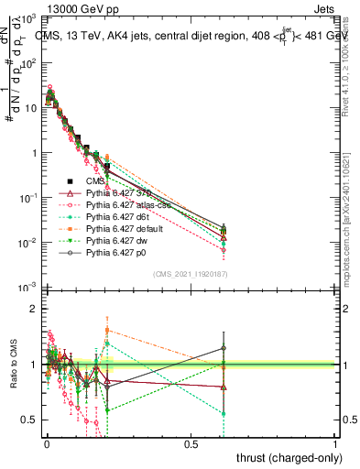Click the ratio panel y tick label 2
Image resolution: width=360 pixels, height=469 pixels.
(34, 309)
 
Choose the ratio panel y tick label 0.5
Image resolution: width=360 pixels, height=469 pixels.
(29, 420)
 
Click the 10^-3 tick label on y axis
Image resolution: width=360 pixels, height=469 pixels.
(26, 287)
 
